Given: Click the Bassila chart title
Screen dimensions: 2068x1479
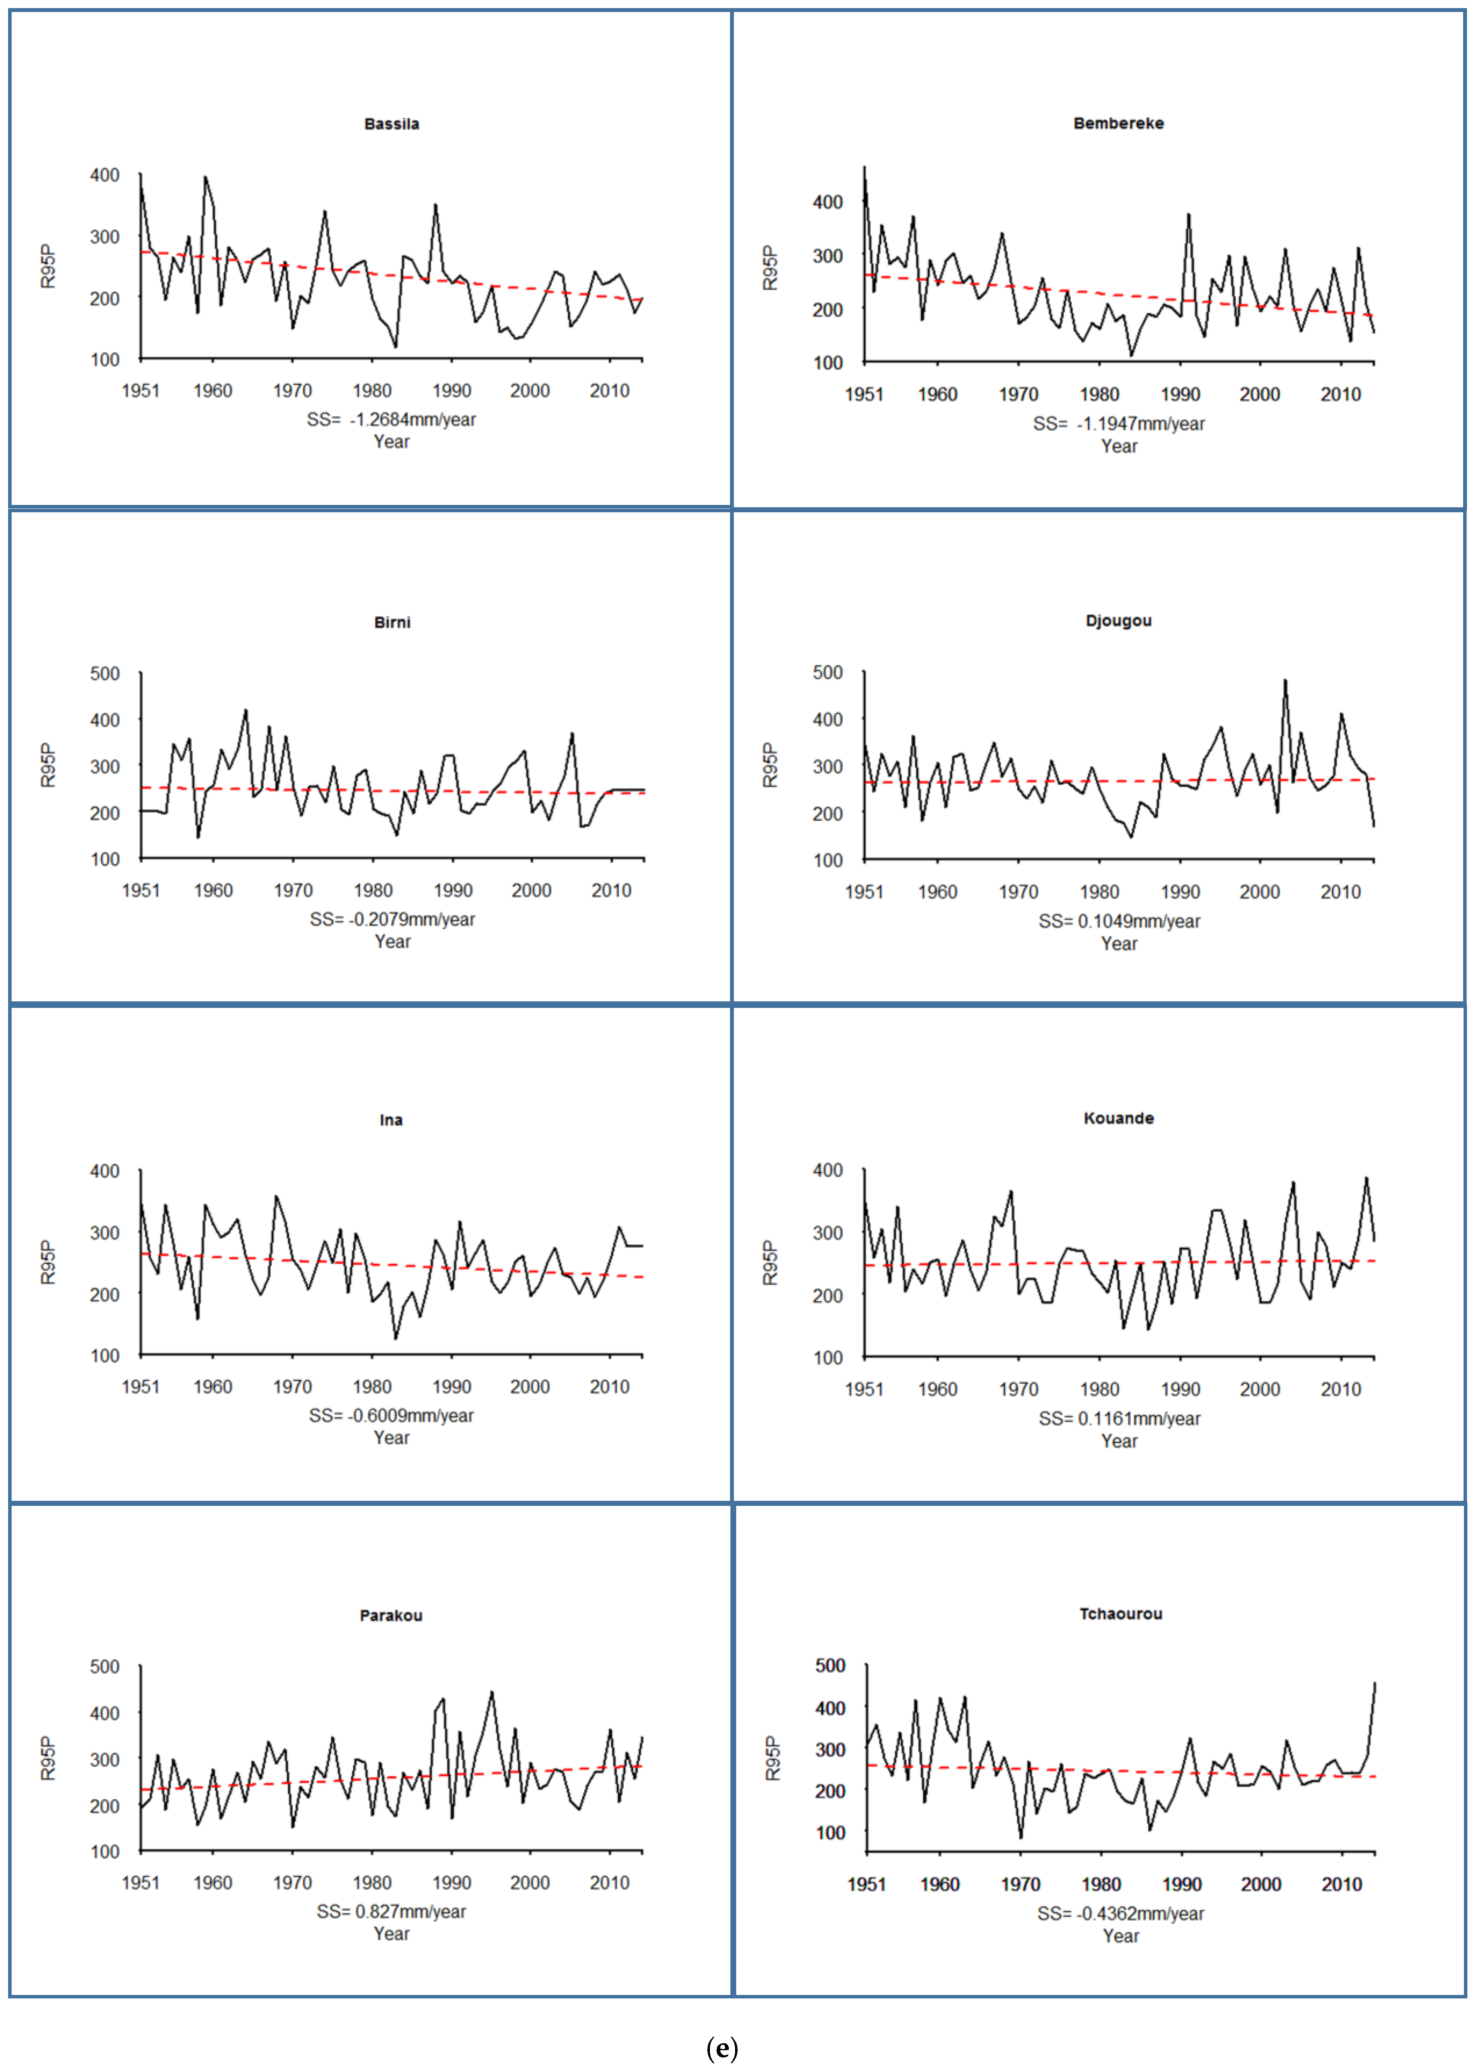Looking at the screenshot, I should click(392, 124).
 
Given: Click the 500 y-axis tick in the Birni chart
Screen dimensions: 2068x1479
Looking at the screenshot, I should click(105, 674).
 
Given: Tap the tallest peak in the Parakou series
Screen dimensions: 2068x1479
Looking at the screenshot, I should click(492, 1692).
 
